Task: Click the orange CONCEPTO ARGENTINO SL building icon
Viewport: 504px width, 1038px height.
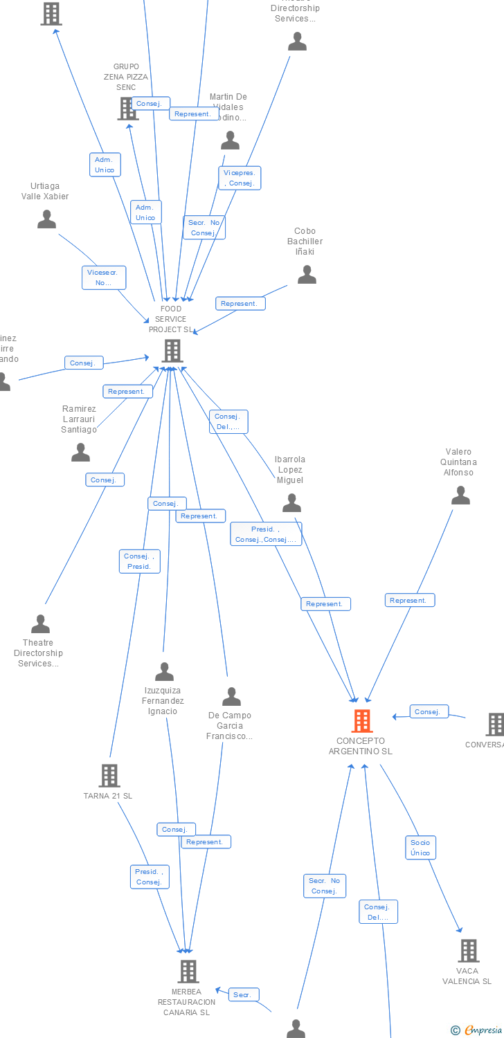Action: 361,721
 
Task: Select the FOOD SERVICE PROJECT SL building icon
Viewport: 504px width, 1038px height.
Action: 172,351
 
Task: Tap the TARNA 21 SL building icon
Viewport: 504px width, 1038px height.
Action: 109,776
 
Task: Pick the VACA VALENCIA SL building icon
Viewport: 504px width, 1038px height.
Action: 469,951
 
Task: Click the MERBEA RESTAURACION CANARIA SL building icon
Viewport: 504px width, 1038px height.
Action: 188,972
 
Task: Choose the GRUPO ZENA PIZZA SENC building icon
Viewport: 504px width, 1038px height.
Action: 127,109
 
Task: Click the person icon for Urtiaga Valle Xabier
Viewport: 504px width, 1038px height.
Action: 46,219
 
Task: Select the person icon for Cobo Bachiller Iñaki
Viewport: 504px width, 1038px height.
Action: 307,275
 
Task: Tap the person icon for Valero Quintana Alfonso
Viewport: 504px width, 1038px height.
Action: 460,495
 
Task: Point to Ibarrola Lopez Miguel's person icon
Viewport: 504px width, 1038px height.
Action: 292,503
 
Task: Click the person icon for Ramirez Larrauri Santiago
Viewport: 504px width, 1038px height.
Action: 81,453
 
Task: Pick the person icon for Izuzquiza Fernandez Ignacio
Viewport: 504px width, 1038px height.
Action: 164,672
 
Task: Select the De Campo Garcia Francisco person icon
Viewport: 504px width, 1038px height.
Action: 231,697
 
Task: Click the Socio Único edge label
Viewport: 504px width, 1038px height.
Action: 420,848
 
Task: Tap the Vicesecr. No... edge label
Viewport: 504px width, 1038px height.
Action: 103,277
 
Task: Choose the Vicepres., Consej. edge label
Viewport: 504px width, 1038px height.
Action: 240,178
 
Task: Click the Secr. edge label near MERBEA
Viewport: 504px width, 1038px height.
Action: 243,995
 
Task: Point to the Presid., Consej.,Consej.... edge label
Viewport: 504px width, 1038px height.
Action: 266,534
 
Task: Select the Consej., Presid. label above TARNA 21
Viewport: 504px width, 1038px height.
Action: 139,561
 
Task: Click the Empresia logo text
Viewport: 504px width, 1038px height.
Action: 483,1030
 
